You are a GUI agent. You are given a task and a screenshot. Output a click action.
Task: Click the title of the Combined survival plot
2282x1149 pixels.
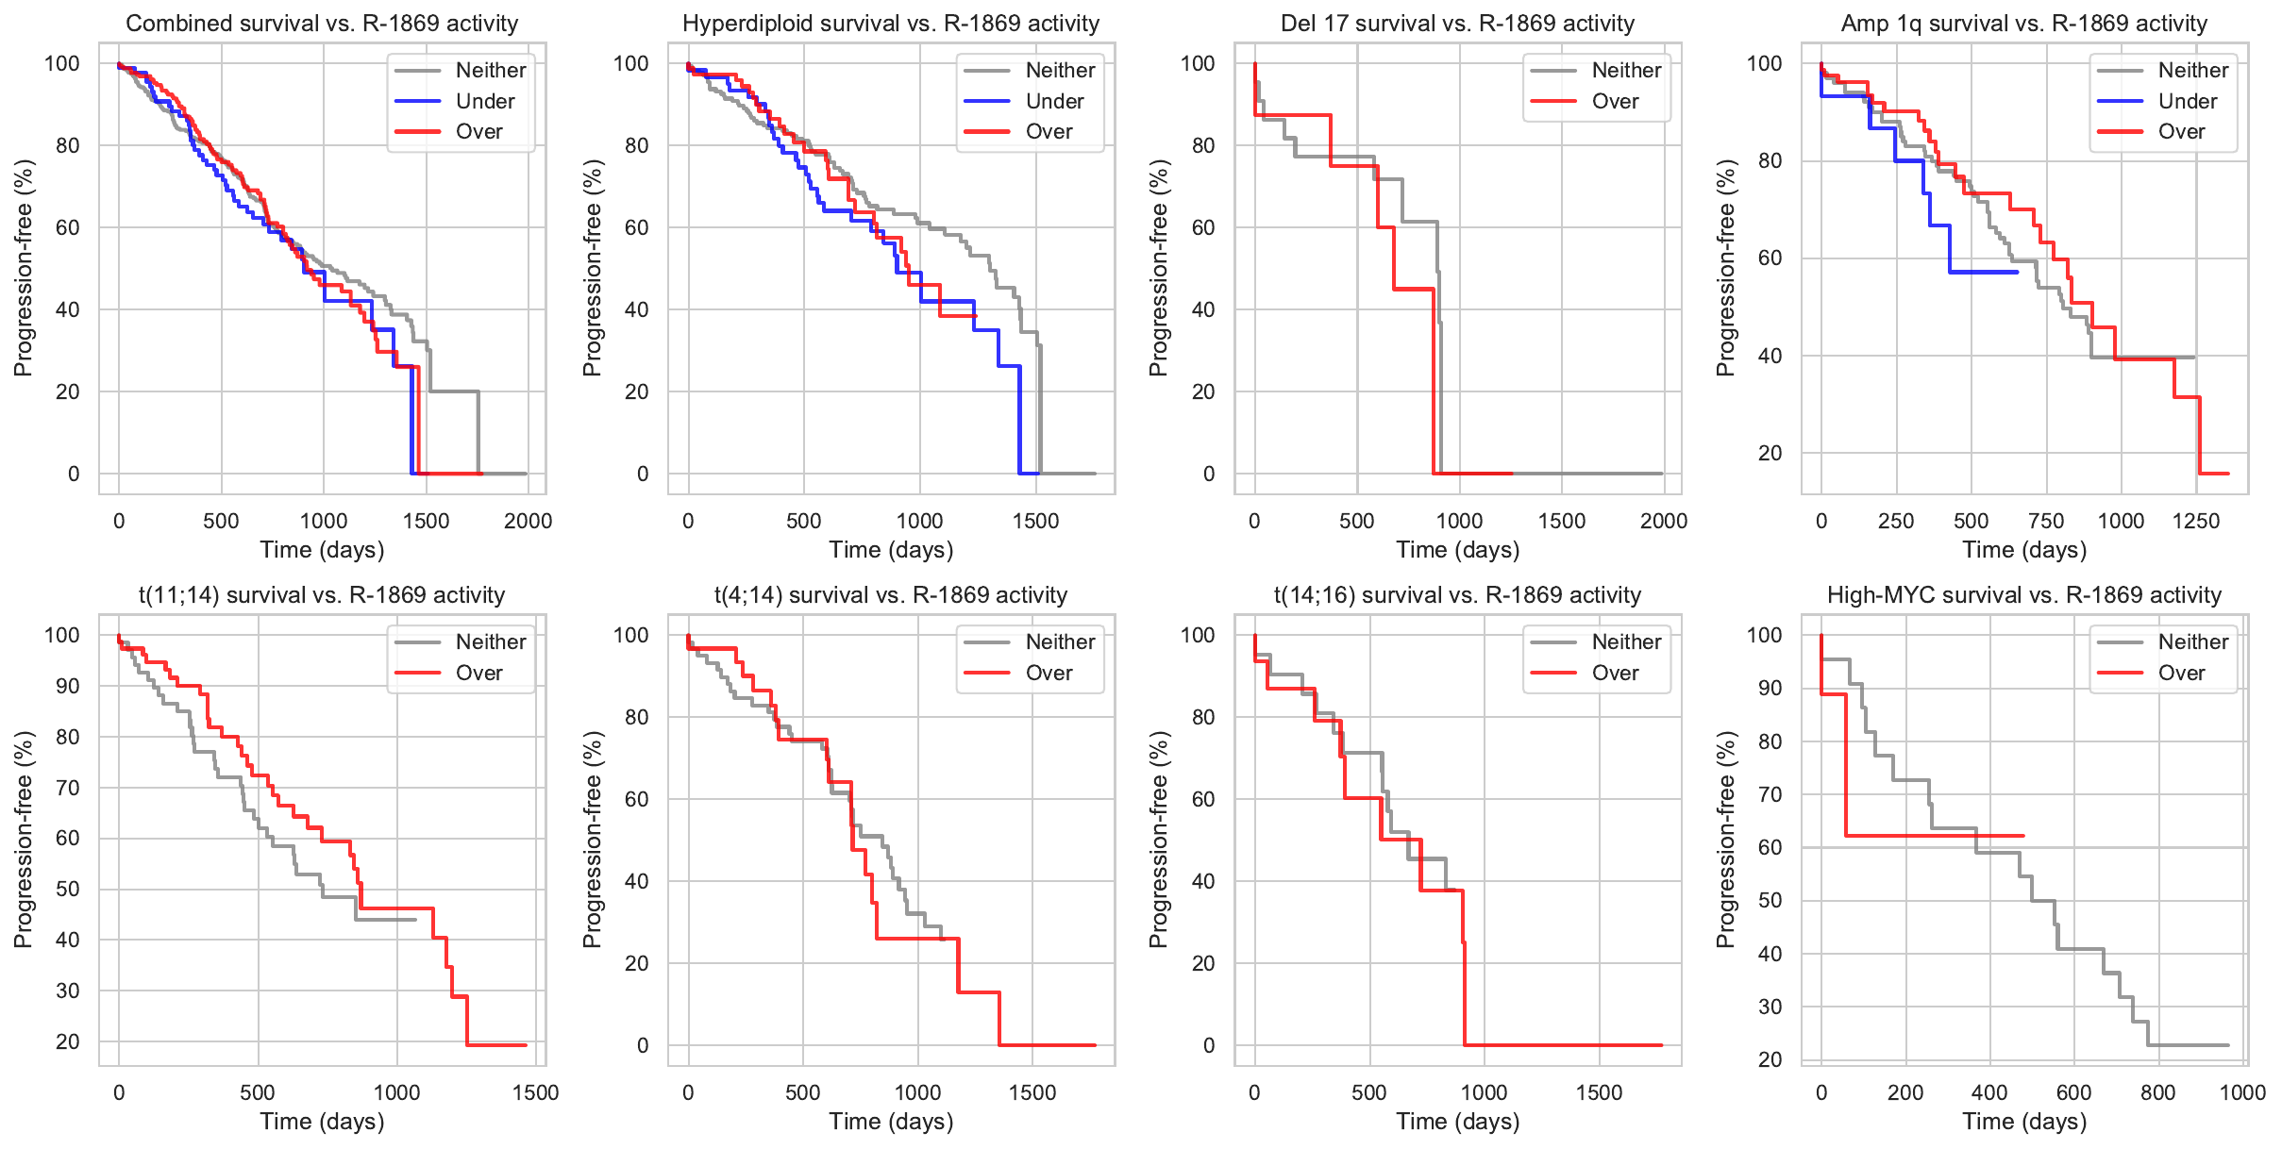[322, 24]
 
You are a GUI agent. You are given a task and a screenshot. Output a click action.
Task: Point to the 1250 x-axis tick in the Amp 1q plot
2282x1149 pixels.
[2195, 521]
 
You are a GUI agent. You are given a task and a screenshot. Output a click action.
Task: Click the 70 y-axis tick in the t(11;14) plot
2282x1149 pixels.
[68, 788]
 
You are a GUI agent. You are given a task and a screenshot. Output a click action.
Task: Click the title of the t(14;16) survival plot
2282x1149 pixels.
[1457, 595]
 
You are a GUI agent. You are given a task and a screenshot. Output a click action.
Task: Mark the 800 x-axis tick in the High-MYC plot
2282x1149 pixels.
[2157, 1092]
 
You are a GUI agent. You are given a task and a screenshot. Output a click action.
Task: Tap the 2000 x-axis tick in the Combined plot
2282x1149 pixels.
[528, 521]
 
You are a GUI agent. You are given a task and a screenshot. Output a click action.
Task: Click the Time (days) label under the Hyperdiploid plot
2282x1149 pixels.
[891, 550]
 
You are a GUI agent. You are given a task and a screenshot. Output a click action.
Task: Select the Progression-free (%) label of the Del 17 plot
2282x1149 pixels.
[1159, 268]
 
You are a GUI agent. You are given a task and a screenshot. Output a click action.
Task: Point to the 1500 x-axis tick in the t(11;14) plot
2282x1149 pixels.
[535, 1092]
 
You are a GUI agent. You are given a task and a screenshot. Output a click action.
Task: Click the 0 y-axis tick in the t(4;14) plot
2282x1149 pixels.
[643, 1045]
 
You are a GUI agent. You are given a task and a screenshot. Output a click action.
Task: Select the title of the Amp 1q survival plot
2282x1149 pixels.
[2023, 24]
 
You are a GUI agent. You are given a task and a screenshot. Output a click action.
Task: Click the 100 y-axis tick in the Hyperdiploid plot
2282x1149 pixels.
[631, 63]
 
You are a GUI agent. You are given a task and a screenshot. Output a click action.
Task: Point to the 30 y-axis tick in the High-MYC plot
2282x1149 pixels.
[1770, 1007]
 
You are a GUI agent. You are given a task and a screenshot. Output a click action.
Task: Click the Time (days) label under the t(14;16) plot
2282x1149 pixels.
[1457, 1122]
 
